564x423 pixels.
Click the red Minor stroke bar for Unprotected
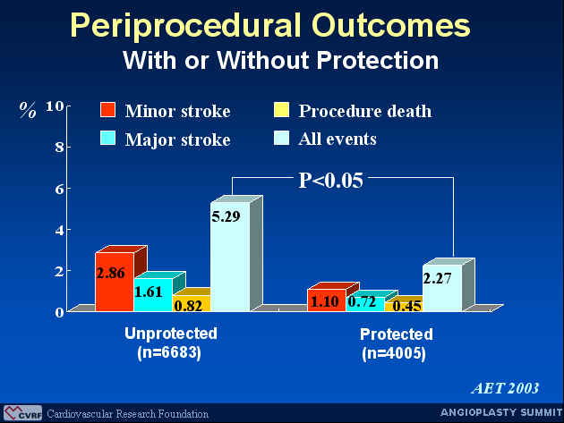(115, 282)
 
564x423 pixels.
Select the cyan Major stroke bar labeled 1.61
(154, 294)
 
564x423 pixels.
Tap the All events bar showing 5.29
(231, 257)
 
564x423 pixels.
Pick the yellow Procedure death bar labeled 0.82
(192, 303)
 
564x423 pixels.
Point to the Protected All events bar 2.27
(443, 287)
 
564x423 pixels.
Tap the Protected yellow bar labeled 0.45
(405, 306)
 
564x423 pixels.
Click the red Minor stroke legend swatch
(108, 110)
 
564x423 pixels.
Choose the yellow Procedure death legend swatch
(281, 110)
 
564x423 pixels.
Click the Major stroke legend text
(177, 140)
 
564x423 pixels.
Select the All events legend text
(338, 139)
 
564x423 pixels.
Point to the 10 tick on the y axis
(55, 106)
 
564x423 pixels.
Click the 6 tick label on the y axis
(60, 189)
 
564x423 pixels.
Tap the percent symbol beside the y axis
(28, 110)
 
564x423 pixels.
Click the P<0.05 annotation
(331, 180)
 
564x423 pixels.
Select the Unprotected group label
(171, 334)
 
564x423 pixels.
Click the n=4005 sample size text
(394, 353)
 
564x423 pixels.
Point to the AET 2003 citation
(505, 388)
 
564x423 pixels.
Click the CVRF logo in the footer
(23, 413)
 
